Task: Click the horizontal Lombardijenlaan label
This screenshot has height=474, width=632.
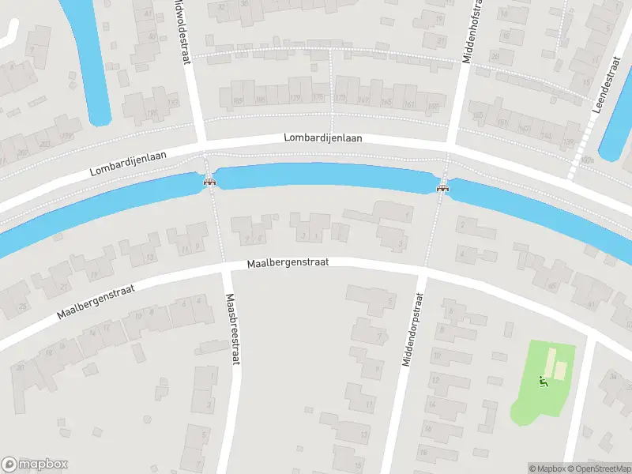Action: pos(323,138)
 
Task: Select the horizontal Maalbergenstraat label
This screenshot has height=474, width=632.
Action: pos(287,262)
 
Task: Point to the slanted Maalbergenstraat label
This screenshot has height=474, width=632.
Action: pos(96,303)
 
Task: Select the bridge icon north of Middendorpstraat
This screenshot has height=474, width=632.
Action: pos(442,188)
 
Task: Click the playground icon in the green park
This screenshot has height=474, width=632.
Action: pos(543,383)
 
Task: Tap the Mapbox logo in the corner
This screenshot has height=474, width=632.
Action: pos(35,465)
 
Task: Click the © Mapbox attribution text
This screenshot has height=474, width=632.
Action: pos(547,468)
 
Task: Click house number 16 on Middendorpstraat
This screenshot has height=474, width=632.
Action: pos(426,427)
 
